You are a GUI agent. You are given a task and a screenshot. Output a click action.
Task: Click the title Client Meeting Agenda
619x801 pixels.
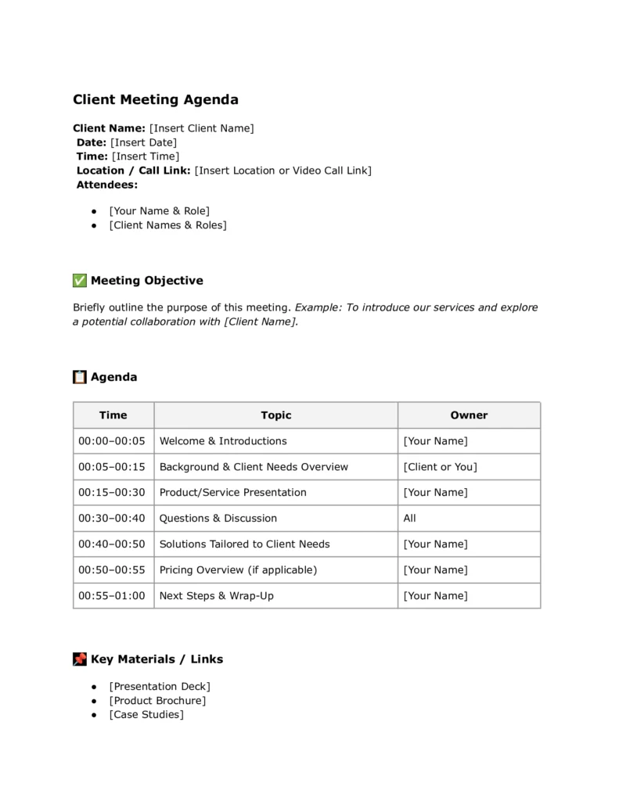coord(156,100)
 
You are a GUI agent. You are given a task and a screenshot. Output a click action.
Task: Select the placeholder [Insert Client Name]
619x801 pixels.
coord(201,128)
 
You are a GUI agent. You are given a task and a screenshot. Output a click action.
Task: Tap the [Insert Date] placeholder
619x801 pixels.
coord(143,142)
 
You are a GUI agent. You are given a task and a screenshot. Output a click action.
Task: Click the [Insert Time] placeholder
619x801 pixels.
coord(145,156)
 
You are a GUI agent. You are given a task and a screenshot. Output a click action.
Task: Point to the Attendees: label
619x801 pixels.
coord(106,185)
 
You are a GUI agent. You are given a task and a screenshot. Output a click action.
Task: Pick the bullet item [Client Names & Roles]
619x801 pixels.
coord(167,225)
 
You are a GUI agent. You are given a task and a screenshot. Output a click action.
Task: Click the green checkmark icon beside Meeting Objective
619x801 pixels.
coord(80,281)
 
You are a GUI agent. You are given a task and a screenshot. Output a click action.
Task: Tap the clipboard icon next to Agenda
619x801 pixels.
coord(80,377)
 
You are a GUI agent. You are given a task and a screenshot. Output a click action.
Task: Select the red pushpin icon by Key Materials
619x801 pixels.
coord(80,659)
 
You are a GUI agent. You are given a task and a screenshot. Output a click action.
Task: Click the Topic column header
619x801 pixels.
coord(275,415)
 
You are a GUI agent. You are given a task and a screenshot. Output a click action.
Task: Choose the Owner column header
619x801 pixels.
coord(469,415)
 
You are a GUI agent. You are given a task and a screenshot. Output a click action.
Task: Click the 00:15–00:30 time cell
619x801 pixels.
coord(112,493)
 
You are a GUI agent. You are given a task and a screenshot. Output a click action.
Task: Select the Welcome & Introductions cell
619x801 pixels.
coord(223,441)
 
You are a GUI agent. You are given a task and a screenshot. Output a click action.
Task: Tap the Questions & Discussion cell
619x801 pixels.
coord(218,519)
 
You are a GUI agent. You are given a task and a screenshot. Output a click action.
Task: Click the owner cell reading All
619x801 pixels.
coord(410,519)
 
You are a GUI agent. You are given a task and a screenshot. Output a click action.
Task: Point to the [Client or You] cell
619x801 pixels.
coord(440,467)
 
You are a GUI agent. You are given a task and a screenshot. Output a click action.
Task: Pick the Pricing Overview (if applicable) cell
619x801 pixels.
coord(238,570)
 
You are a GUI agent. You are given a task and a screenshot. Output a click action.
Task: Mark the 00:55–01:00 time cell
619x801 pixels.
coord(112,596)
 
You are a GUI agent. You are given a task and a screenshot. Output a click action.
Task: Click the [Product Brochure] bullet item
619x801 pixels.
coord(157,701)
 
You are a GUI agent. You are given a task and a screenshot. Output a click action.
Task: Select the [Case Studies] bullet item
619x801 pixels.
coord(146,715)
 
